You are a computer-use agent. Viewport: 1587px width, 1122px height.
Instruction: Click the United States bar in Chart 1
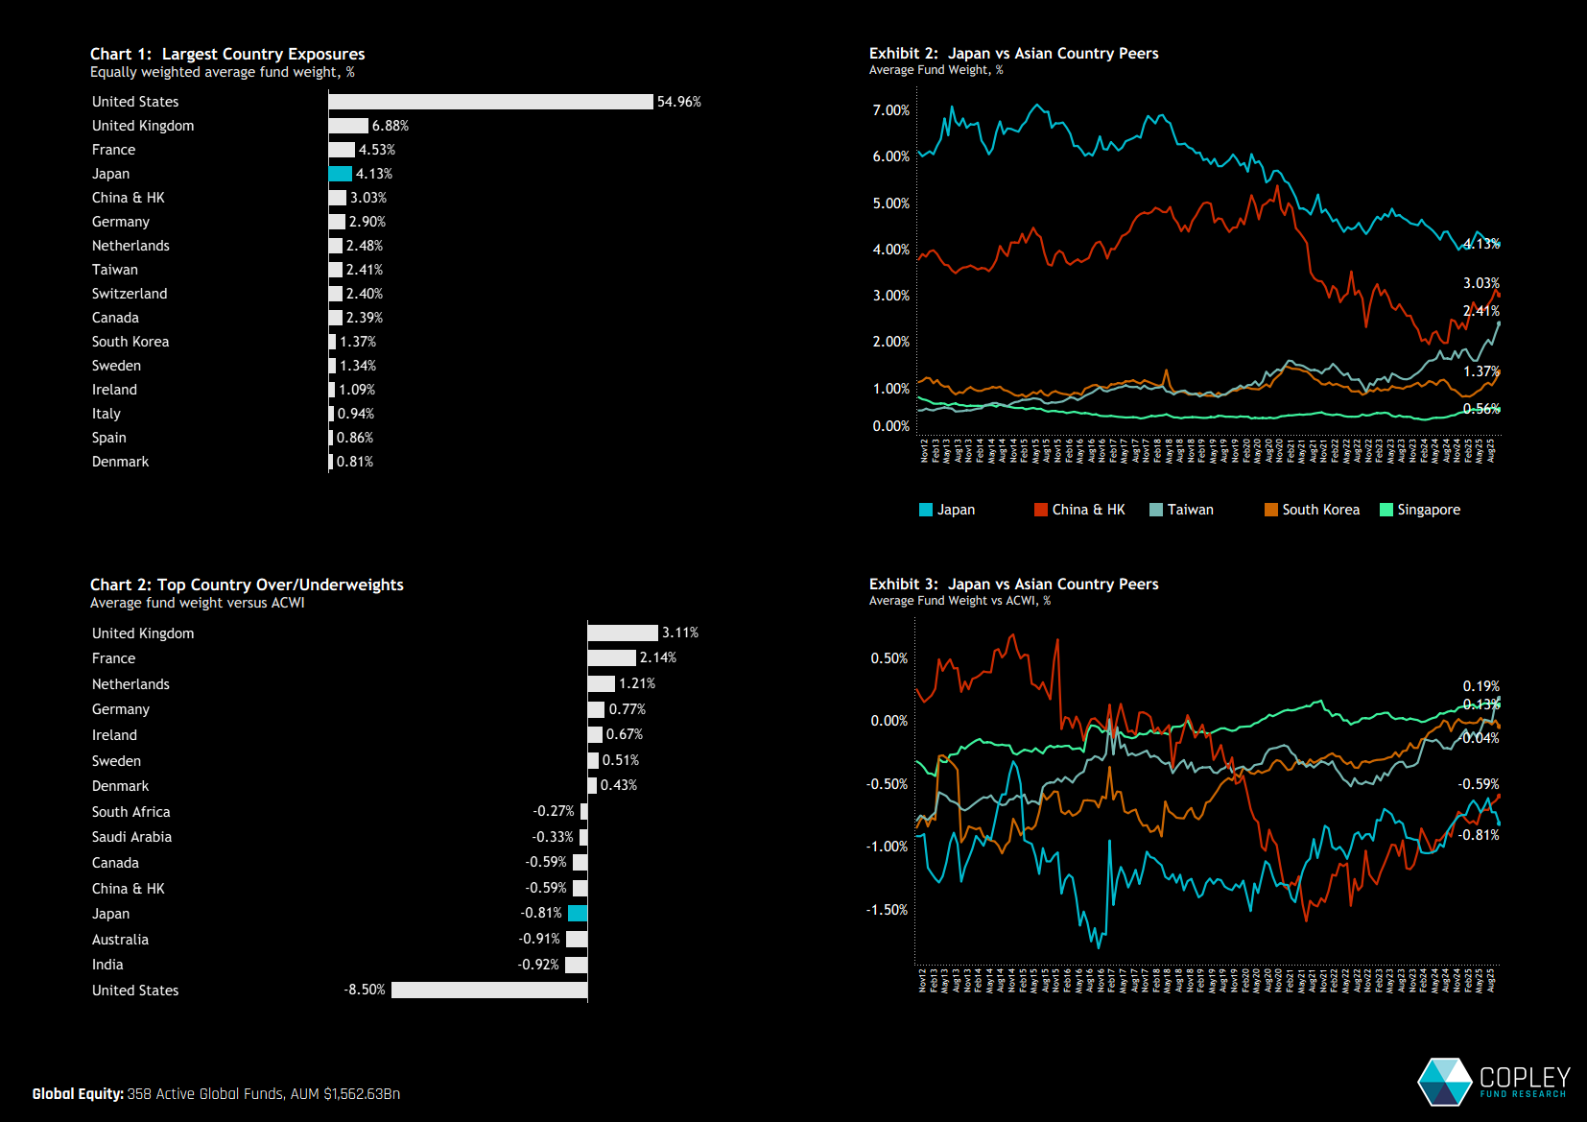[x=490, y=102]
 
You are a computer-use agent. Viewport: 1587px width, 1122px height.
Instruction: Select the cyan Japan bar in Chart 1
[x=341, y=174]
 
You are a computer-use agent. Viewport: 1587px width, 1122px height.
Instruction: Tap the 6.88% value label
[x=391, y=126]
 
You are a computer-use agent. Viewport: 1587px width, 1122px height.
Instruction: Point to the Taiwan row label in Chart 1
[x=115, y=270]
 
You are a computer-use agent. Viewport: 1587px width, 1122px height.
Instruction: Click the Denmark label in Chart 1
[x=120, y=462]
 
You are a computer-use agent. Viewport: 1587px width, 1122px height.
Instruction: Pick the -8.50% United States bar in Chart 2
[x=489, y=990]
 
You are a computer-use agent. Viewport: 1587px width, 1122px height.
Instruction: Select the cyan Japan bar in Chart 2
[x=578, y=913]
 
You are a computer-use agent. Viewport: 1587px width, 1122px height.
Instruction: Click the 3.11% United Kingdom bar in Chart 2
[x=623, y=633]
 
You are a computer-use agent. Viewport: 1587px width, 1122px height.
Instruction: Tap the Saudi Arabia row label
[x=131, y=837]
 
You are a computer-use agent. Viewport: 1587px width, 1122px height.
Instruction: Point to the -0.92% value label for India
[x=538, y=965]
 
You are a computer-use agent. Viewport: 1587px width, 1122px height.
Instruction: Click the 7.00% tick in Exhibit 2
[x=890, y=110]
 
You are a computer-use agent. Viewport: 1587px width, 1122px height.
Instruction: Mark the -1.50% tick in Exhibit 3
[x=887, y=910]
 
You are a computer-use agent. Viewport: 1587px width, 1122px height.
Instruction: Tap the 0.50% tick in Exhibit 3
[x=888, y=658]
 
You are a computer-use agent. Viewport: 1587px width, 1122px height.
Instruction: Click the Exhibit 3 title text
[x=1013, y=584]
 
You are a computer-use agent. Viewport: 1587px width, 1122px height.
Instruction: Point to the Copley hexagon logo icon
[x=1445, y=1082]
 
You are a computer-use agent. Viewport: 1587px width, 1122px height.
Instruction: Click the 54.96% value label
[x=679, y=102]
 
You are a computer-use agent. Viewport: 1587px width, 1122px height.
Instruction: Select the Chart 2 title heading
[x=247, y=585]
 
